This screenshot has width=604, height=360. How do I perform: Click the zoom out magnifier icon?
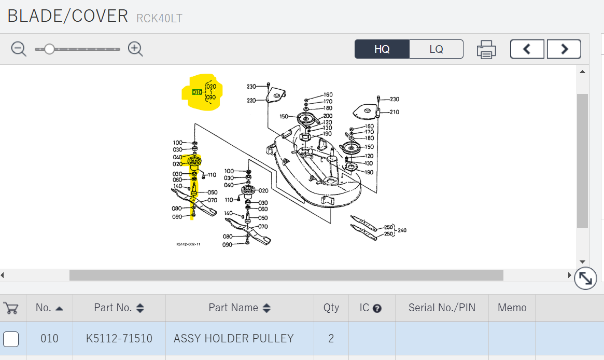pos(19,49)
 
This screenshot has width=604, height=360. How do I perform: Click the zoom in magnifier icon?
pos(135,49)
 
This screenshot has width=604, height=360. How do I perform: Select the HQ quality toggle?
pos(382,49)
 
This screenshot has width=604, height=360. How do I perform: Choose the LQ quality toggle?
pos(436,49)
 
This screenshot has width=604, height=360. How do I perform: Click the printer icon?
pos(486,49)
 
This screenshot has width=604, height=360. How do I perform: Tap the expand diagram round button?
pos(585,279)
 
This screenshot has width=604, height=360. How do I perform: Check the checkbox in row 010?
pos(11,339)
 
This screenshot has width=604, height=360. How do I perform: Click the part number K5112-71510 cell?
pos(119,339)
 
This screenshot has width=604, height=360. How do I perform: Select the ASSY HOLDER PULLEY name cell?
pos(234,339)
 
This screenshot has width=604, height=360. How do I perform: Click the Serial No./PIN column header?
pos(442,308)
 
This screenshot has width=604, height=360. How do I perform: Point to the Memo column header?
pos(512,308)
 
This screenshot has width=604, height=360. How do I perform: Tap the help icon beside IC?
pos(377,308)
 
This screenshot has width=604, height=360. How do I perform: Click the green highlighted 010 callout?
pos(197,92)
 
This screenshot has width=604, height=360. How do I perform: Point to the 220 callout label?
pos(251,101)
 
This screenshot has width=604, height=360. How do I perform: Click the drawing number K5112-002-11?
pos(188,244)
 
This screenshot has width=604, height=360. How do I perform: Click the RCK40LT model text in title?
pos(159,19)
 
